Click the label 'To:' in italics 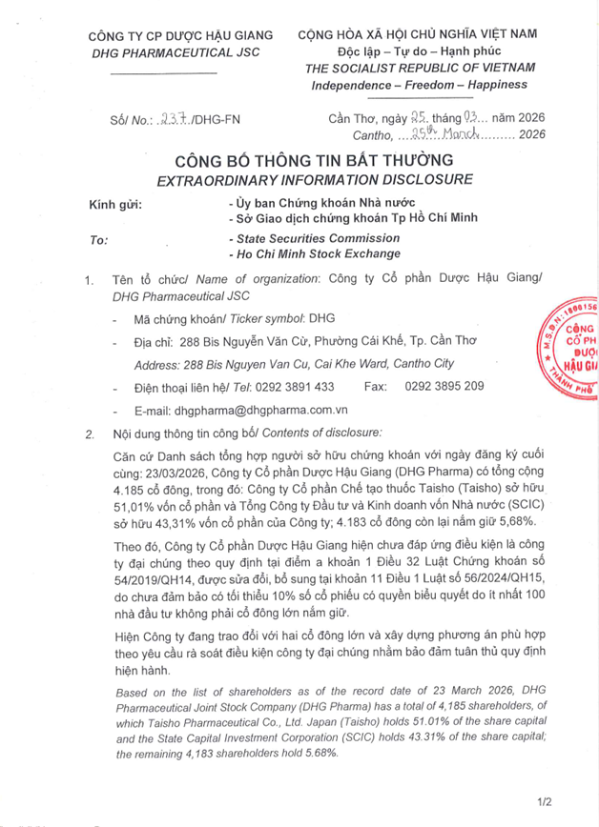(x=98, y=240)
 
